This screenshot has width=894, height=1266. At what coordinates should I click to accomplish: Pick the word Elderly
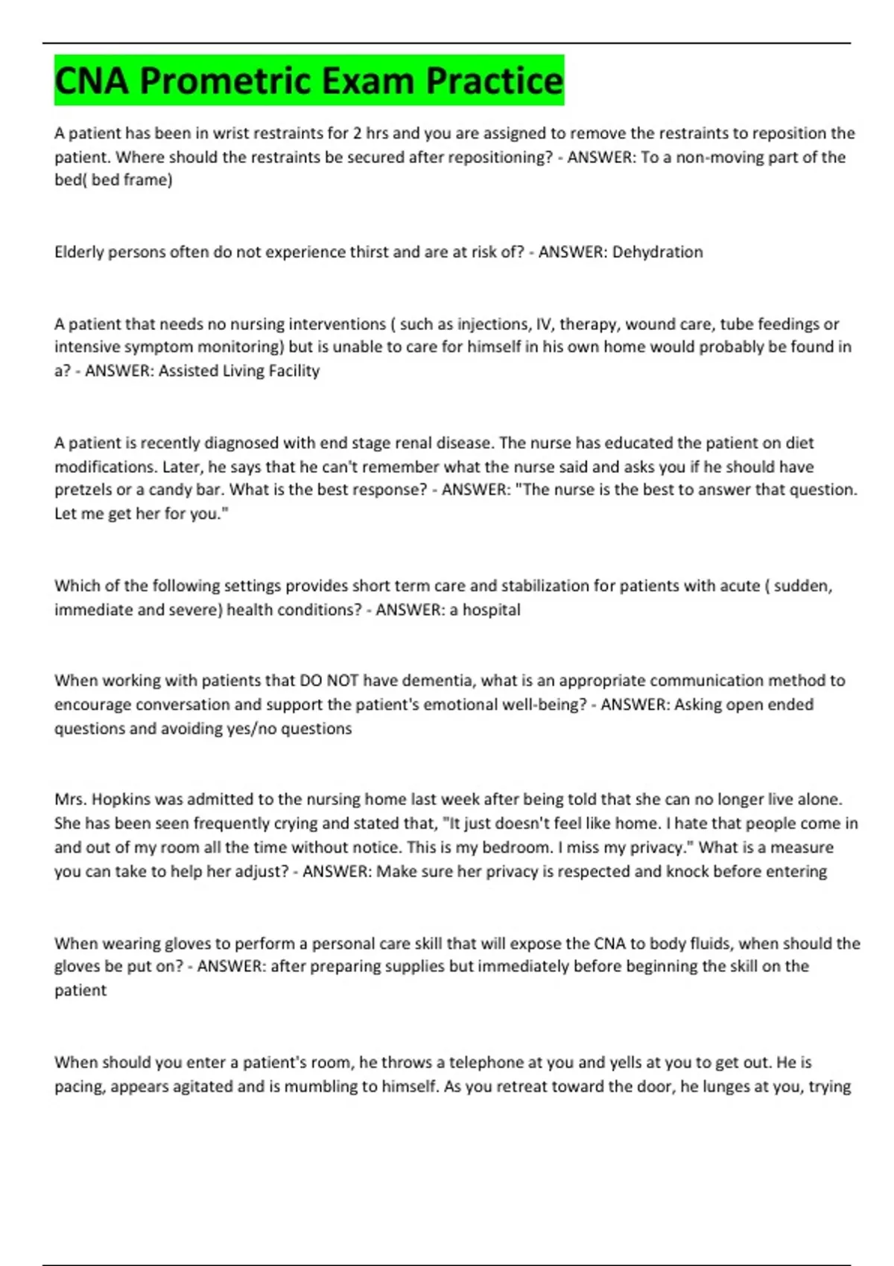click(79, 252)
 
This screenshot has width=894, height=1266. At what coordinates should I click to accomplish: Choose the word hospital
click(491, 609)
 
